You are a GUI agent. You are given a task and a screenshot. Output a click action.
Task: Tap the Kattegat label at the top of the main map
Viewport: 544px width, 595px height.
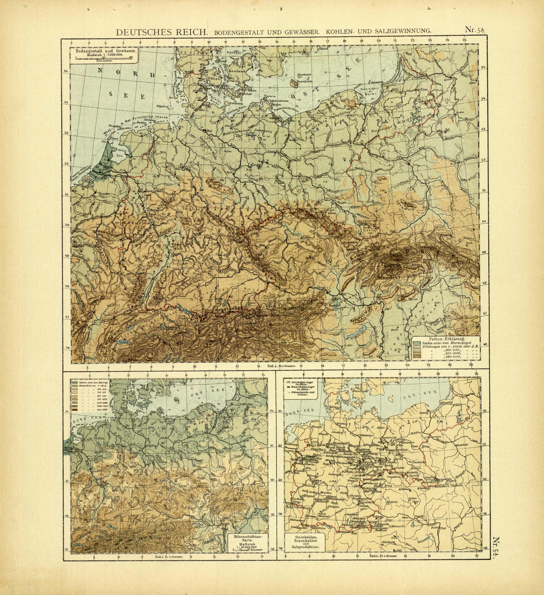[234, 52]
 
